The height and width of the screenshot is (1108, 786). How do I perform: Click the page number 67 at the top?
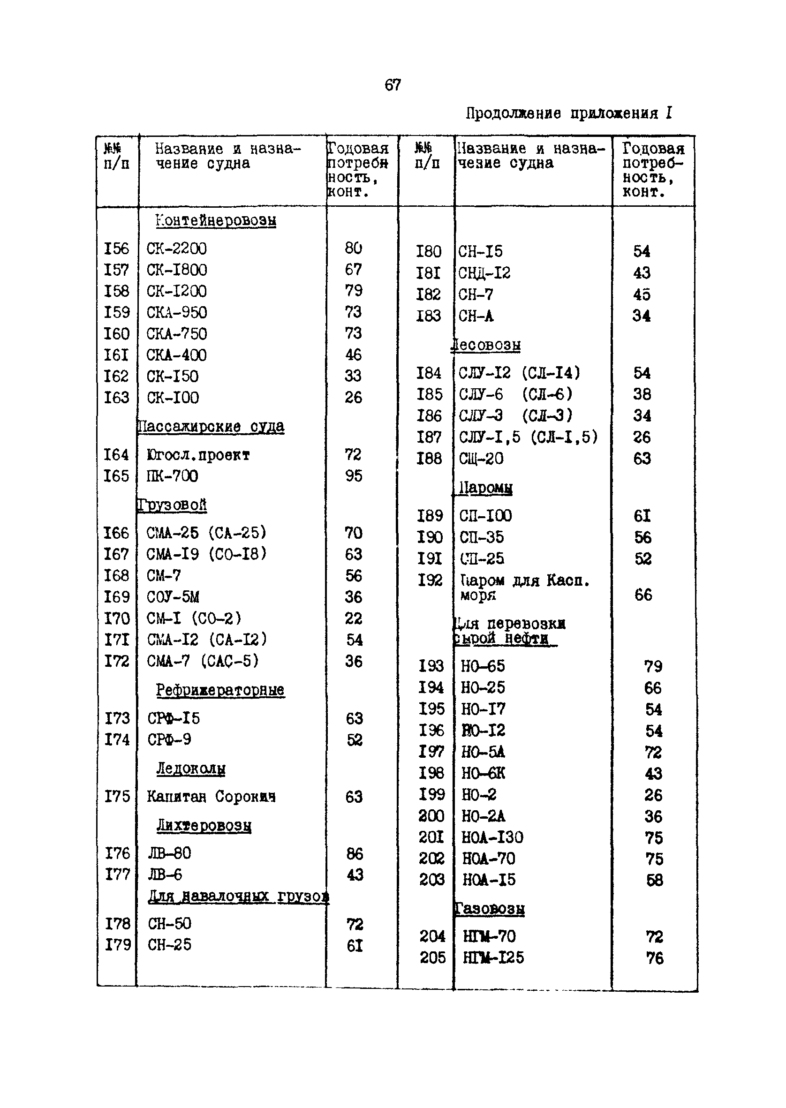(393, 85)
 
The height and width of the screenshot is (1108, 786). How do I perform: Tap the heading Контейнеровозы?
(216, 221)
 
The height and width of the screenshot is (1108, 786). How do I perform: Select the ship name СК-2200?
(177, 249)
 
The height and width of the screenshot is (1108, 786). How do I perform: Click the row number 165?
(117, 476)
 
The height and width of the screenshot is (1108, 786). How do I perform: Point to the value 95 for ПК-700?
(354, 476)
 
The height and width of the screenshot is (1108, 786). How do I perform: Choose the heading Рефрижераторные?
(220, 690)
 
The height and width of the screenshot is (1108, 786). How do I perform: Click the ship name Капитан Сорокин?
(212, 796)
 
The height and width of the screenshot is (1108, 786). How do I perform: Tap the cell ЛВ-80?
(169, 853)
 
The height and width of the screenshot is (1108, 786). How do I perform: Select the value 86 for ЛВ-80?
(355, 853)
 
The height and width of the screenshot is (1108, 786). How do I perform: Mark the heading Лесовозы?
(486, 345)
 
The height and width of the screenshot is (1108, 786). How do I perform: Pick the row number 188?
(429, 459)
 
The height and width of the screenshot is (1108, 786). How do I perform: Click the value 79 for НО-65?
(653, 667)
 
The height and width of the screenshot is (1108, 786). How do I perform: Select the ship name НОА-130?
(492, 837)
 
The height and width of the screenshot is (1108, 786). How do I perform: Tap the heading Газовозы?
(490, 909)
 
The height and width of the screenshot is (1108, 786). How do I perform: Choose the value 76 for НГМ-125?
(655, 958)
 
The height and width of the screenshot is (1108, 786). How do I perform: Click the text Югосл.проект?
(198, 455)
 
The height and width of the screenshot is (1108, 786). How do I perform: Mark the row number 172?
(117, 661)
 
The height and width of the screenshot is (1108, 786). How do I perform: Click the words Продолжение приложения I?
(569, 113)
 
